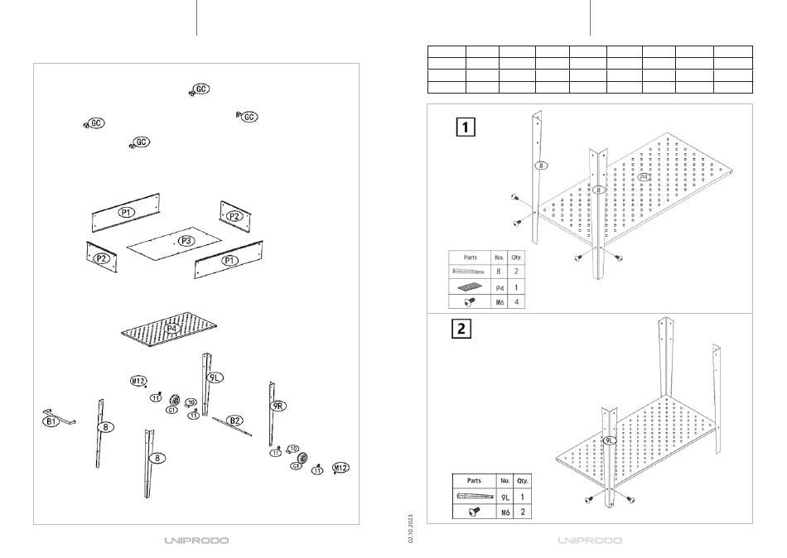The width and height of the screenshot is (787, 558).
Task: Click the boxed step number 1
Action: [x=467, y=127]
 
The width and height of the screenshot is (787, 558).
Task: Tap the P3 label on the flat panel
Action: [x=186, y=241]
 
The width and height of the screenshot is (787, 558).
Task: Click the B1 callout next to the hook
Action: [x=51, y=422]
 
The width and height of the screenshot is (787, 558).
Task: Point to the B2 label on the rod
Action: [x=235, y=421]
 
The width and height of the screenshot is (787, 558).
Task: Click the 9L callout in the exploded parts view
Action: [x=215, y=377]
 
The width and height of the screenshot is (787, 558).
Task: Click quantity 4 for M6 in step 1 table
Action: [x=516, y=302]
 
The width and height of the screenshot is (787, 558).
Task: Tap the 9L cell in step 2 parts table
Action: [x=505, y=497]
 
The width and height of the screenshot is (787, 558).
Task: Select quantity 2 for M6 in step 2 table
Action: [x=523, y=512]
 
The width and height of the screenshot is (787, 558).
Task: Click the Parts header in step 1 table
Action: [x=470, y=257]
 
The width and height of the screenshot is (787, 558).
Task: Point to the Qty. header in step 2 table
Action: [x=523, y=480]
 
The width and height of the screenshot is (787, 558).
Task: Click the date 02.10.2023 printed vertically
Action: [x=410, y=528]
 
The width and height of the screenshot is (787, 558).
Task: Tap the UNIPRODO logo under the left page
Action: [x=196, y=541]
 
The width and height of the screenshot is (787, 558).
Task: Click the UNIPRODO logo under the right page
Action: [x=590, y=541]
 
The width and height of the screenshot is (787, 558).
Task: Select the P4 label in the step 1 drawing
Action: [x=644, y=176]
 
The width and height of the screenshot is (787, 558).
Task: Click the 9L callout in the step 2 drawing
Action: [x=610, y=440]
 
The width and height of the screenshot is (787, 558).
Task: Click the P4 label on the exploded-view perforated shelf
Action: [x=171, y=329]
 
